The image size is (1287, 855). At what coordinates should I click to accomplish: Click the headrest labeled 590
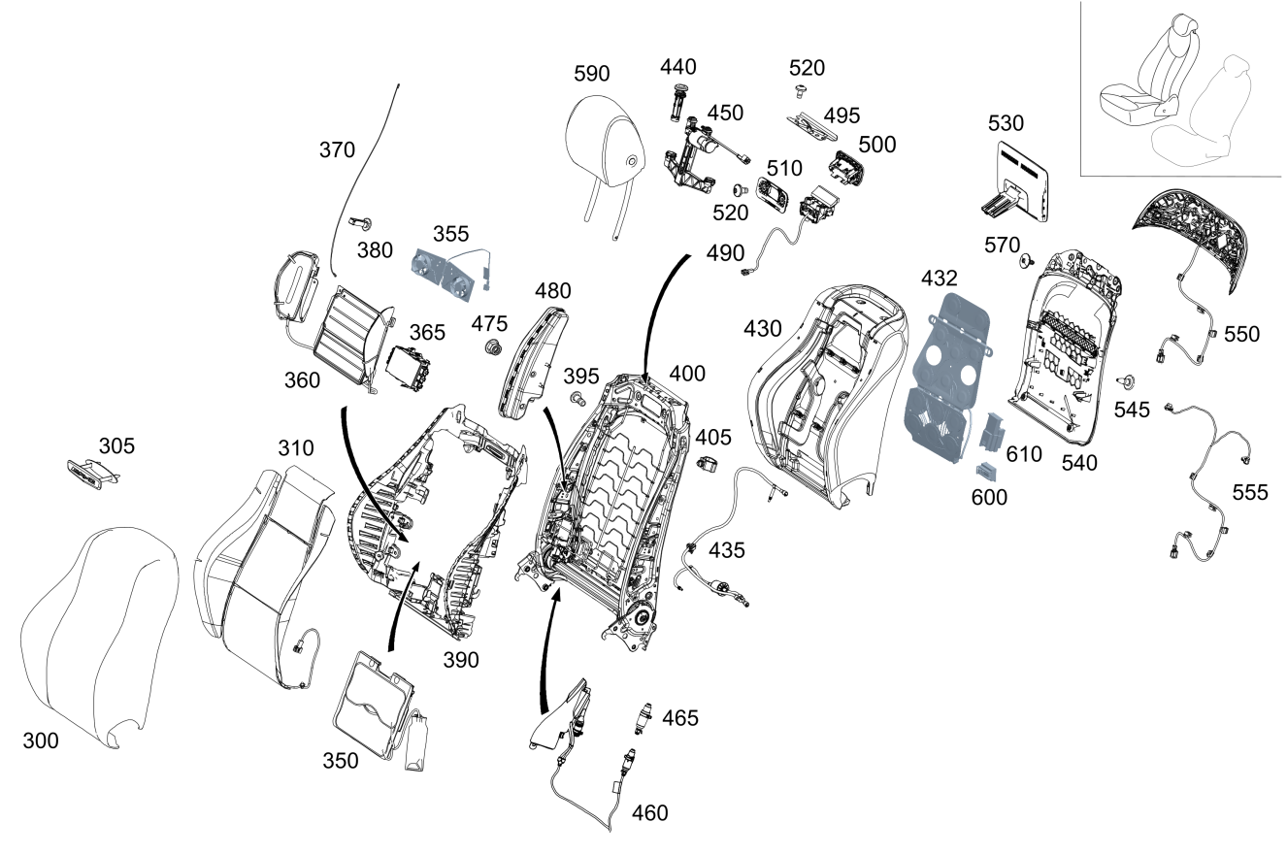[605, 146]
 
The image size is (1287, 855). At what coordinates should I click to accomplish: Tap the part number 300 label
[41, 741]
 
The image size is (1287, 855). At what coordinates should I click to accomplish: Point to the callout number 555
[1250, 493]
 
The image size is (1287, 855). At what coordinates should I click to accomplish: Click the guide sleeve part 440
[678, 101]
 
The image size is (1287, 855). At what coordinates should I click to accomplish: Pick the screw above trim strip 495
[801, 91]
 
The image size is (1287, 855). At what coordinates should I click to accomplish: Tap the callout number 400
[687, 374]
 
